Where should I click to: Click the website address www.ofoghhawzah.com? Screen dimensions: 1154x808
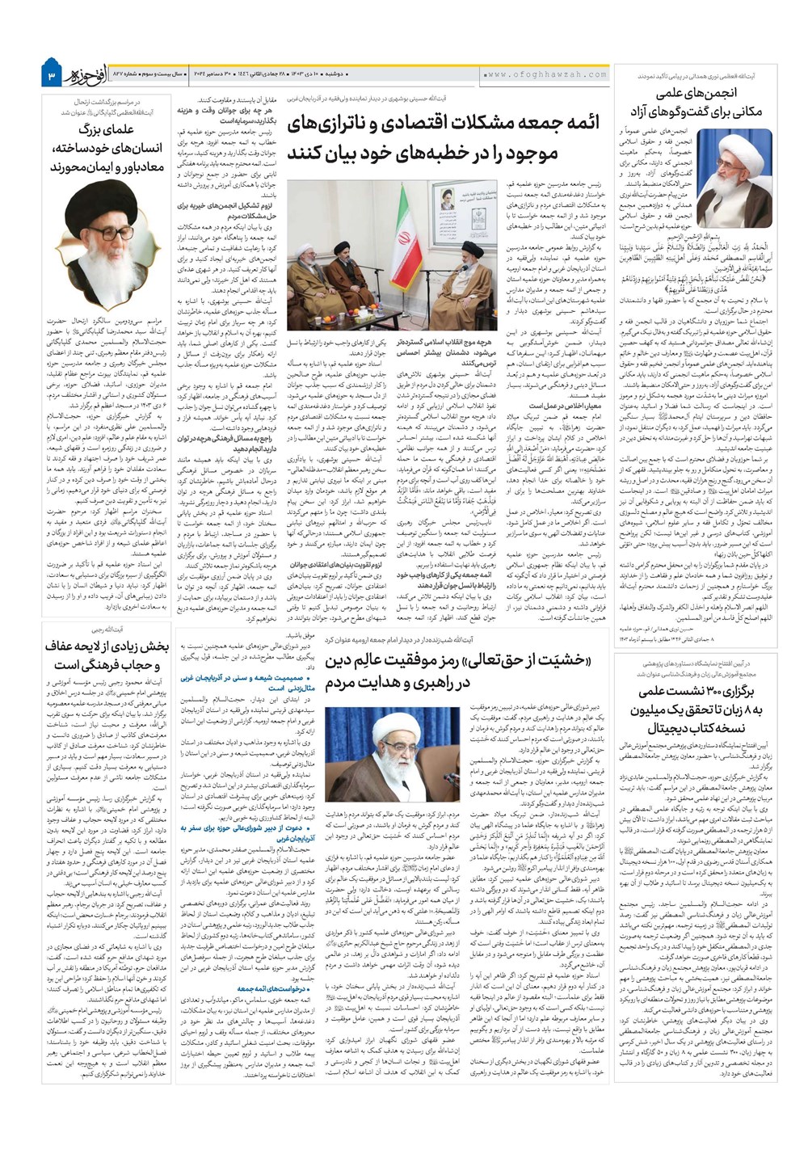pos(547,74)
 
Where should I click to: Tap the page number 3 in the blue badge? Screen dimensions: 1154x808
pos(51,75)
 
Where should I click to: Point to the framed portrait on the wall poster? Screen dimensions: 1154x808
pos(447,198)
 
